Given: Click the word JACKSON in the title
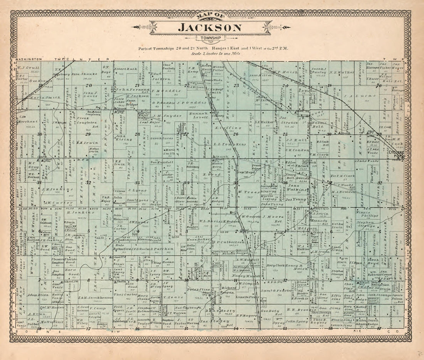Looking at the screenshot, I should (210, 28).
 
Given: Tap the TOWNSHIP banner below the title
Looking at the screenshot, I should (210, 38).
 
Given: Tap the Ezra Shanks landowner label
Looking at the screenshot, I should (84, 74).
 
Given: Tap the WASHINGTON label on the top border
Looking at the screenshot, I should (28, 59).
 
